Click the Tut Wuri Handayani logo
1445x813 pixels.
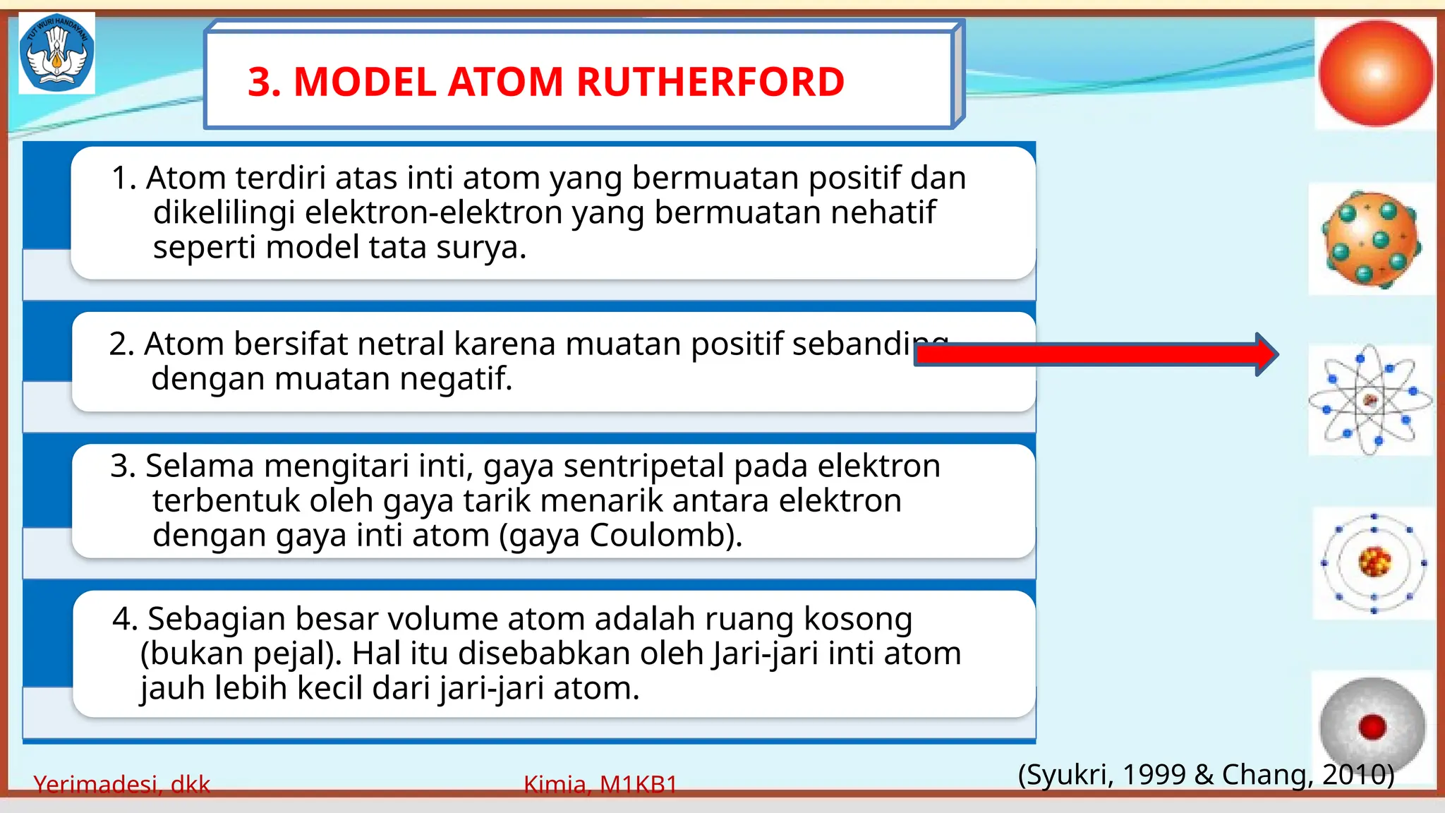(x=56, y=53)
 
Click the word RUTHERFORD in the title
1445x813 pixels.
(x=711, y=82)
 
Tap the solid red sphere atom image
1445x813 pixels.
(x=1375, y=73)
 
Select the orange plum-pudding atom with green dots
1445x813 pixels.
(x=1371, y=240)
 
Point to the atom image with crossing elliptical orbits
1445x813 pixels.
(x=1370, y=400)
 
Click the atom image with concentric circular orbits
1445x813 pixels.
(x=1374, y=563)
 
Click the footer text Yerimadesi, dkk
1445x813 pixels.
(x=121, y=784)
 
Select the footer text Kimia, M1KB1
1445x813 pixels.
(x=600, y=784)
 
